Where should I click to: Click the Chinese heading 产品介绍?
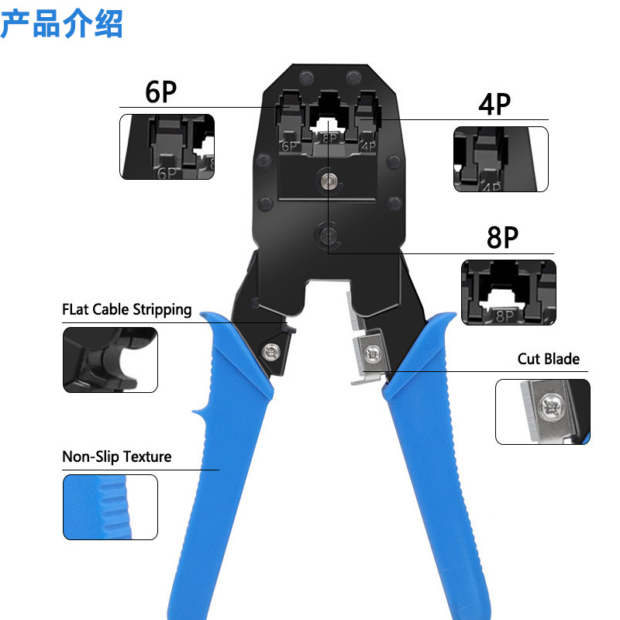[x=62, y=23]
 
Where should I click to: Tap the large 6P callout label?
[x=161, y=91]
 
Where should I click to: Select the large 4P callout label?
[x=495, y=104]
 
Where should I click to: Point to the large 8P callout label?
[x=502, y=237]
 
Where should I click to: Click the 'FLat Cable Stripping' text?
[x=127, y=310]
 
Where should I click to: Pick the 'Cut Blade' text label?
[x=549, y=359]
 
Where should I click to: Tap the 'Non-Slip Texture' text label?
[x=116, y=456]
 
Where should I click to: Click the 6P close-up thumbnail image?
[x=167, y=147]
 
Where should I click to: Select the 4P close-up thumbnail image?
[x=501, y=159]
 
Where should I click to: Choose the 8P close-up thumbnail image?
[x=509, y=291]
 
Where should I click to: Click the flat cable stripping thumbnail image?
[x=110, y=360]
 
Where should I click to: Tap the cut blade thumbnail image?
[x=542, y=412]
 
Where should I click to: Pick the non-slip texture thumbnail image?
[x=110, y=508]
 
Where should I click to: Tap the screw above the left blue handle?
[x=272, y=350]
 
